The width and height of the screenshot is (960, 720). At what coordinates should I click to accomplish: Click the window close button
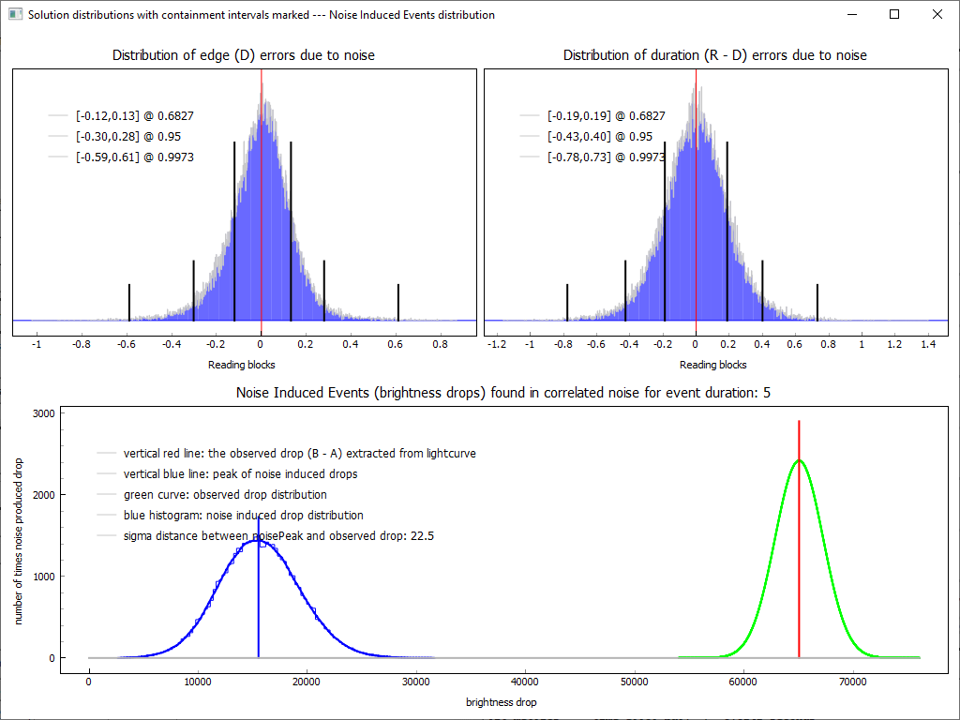pos(937,14)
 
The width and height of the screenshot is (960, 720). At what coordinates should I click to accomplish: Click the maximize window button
pos(894,14)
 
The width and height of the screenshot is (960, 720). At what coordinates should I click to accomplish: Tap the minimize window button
pos(851,14)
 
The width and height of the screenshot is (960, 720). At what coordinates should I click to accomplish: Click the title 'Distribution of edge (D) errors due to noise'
pos(244,55)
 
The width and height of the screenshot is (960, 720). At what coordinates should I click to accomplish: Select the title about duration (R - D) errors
pos(714,55)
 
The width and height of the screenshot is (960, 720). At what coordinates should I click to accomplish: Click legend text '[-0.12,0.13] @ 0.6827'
pos(134,116)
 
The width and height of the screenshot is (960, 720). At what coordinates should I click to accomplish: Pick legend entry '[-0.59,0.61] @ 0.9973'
pos(134,157)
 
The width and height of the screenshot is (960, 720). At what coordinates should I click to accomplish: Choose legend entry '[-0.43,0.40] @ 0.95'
pos(599,137)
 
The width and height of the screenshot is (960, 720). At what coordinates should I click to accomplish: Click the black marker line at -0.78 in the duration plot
pos(567,302)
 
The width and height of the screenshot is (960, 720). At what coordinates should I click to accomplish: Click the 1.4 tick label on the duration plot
pos(928,344)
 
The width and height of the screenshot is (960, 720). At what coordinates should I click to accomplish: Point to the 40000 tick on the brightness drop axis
pos(525,682)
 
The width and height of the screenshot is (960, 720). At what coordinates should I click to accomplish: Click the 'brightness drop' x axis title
pos(502,702)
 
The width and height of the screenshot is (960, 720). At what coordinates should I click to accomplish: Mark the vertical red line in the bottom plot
pos(799,562)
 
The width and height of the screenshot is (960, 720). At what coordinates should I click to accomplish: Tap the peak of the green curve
pos(799,460)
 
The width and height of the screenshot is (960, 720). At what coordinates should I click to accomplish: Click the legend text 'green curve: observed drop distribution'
pos(225,495)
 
